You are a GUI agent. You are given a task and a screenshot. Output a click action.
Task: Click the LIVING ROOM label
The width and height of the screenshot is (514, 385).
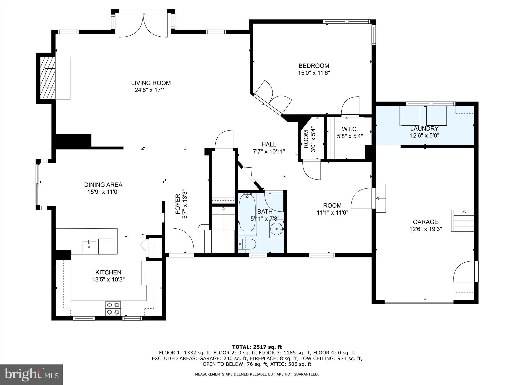click(151, 83)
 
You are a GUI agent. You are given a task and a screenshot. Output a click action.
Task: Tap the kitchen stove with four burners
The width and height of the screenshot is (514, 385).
click(113, 308)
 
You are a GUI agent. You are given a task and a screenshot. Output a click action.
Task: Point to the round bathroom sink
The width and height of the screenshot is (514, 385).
click(277, 229)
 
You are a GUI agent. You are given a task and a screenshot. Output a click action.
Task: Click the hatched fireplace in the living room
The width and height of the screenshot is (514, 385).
click(48, 78)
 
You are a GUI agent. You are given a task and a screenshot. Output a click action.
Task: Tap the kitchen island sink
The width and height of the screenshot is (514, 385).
click(89, 247)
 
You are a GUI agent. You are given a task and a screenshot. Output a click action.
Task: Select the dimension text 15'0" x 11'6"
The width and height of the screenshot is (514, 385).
click(314, 73)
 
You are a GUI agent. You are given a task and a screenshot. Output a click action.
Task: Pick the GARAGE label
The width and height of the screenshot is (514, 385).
click(425, 222)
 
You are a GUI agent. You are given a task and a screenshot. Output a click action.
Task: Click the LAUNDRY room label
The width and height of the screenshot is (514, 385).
click(424, 129)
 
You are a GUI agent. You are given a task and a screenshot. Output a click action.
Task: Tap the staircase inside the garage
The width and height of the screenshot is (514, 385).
click(463, 221)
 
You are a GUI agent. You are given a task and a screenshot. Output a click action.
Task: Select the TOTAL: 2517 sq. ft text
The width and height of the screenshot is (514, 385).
click(257, 347)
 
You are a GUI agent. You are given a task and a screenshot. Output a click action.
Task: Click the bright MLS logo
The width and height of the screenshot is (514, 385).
click(31, 374)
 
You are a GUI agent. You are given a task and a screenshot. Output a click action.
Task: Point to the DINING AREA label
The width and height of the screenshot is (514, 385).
click(103, 185)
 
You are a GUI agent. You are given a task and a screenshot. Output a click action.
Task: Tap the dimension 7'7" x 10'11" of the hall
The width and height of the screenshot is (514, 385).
click(269, 151)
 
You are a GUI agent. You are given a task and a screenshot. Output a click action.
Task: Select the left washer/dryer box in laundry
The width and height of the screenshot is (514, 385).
click(410, 116)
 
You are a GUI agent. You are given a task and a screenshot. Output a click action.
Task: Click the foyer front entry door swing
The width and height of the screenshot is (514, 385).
click(181, 241)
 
